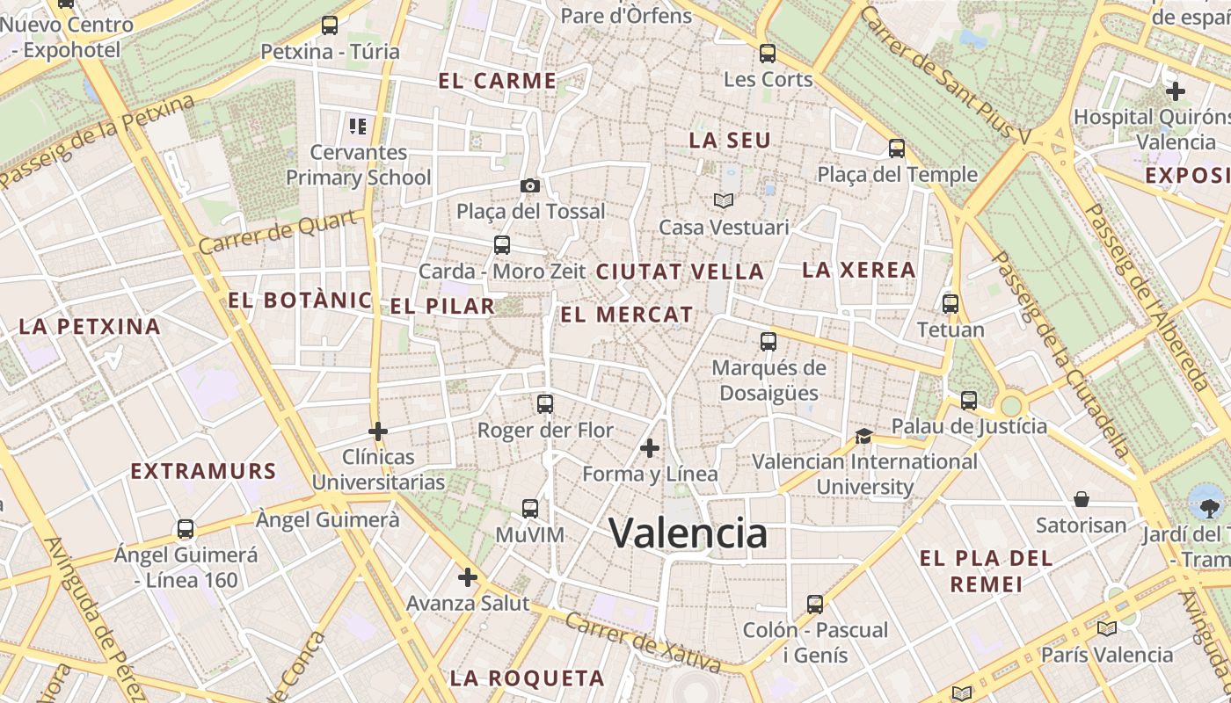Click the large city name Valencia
688,533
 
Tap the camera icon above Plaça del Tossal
529,185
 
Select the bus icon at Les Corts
768,54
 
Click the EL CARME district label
497,82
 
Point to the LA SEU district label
729,141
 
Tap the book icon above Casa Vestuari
724,201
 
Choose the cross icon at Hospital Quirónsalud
1176,91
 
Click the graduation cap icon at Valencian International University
863,436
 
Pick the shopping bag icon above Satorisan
1082,500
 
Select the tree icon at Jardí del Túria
1206,503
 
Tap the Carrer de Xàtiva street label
642,644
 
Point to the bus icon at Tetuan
951,304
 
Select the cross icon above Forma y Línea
650,449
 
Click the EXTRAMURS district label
203,471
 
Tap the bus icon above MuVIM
530,509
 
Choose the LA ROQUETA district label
527,678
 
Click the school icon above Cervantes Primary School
357,126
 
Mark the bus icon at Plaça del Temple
897,149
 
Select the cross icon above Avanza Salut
468,577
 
